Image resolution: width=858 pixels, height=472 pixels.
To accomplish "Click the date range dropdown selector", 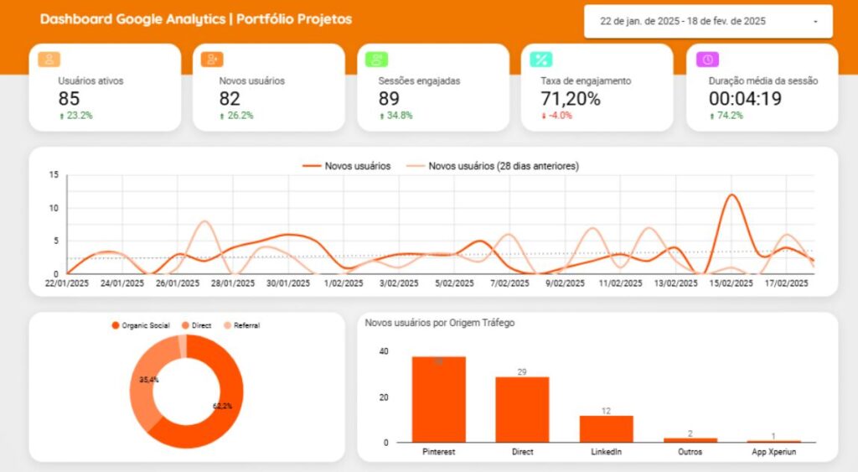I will point(708,22).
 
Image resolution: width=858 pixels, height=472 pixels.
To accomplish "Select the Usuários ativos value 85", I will point(70,99).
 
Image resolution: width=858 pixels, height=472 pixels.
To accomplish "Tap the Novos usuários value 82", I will point(230,99).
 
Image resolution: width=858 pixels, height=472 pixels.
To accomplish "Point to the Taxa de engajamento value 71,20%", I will point(571,99).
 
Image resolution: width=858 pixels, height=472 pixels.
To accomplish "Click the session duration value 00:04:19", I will point(745,99).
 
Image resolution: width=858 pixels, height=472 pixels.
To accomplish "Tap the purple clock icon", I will point(708,60).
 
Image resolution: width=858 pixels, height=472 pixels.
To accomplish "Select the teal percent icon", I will point(543,60).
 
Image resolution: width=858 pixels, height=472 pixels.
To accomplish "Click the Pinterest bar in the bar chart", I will point(438,399).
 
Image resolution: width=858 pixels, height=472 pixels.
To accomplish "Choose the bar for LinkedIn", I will point(606,428).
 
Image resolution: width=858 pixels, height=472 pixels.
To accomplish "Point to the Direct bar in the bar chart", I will point(522,409).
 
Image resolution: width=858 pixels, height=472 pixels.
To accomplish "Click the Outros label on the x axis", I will point(690,452).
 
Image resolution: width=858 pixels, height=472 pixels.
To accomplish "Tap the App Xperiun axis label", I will point(774,452).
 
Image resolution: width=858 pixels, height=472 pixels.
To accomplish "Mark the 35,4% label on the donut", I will point(149,380).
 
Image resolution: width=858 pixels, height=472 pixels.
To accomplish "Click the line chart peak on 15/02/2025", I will point(731,195).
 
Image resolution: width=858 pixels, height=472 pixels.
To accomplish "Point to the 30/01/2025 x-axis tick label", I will point(289,284).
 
